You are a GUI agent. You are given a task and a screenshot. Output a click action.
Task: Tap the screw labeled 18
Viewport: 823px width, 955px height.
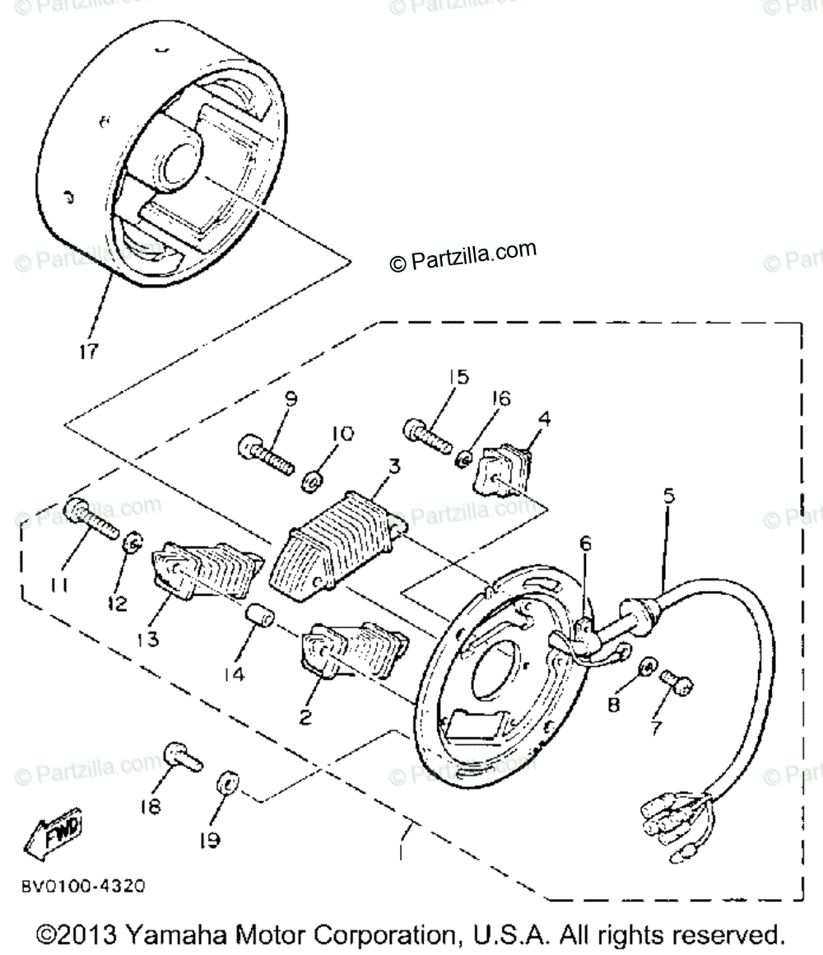coord(183,756)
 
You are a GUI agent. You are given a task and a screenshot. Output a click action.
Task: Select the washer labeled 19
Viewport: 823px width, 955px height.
coord(226,780)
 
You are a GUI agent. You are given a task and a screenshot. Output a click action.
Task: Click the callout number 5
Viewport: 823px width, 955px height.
coord(667,496)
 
